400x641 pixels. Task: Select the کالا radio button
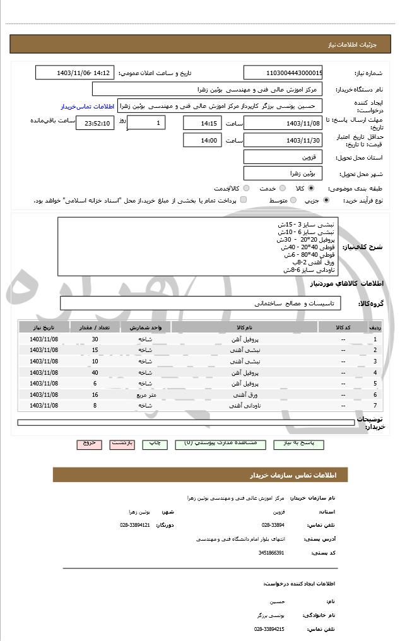pos(310,188)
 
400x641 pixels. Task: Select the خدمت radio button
pos(282,188)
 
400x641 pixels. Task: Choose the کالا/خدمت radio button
pos(246,188)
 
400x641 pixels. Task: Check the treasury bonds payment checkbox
pos(243,200)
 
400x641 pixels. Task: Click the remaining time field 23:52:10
pos(95,123)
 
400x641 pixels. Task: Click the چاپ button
pos(155,444)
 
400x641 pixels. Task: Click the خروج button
pos(90,444)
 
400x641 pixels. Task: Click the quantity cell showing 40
pos(95,372)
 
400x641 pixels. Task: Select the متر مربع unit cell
pos(146,394)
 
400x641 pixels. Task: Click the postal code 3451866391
pos(272,553)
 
